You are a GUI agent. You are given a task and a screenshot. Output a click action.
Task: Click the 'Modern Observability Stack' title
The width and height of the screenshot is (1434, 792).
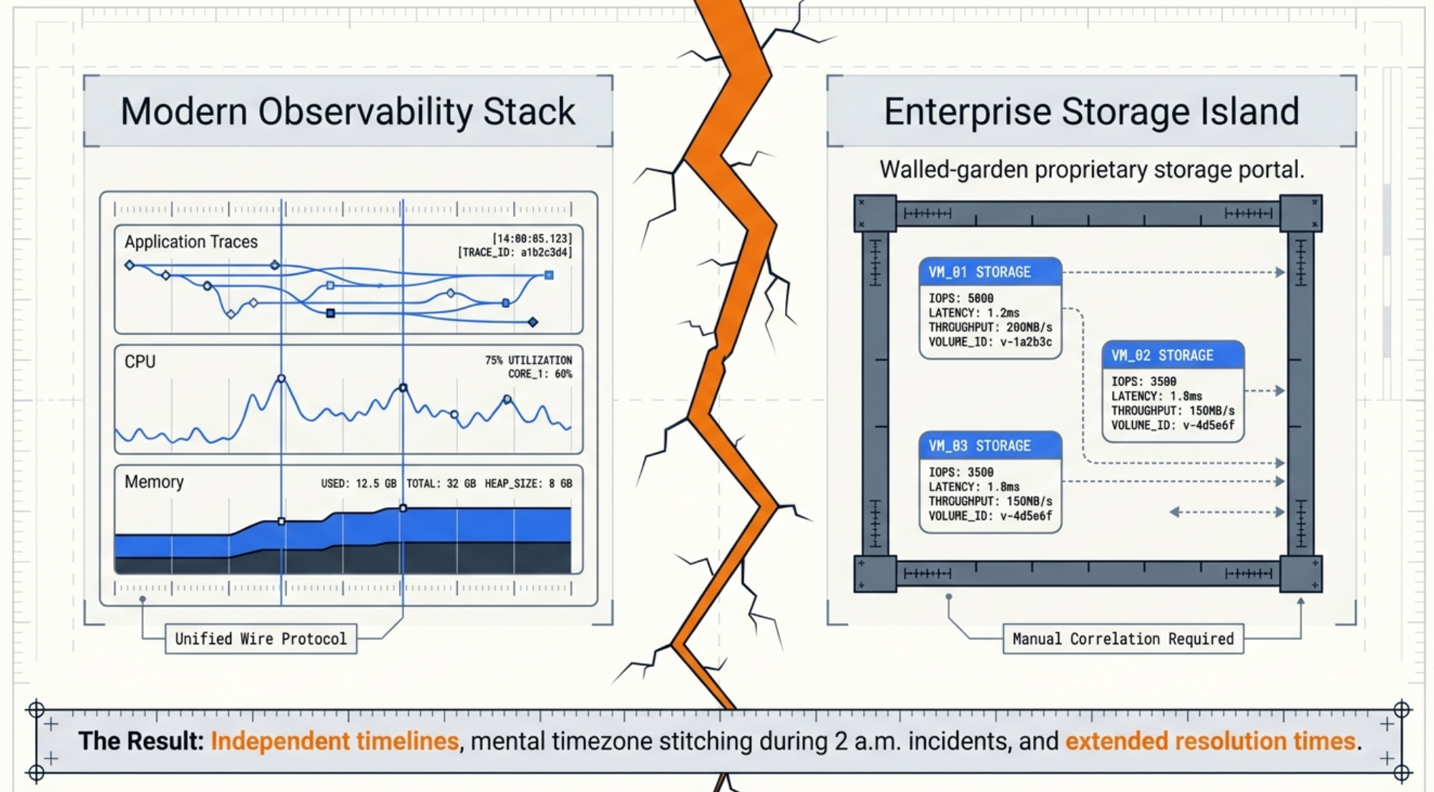(x=348, y=112)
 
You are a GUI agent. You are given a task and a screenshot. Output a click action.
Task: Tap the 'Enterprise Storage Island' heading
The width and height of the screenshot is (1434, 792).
(x=1091, y=112)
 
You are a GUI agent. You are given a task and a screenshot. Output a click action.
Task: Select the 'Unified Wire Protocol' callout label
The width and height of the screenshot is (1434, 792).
(x=260, y=639)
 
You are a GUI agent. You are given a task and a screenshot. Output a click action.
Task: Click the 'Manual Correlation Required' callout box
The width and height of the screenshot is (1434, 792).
(x=1123, y=639)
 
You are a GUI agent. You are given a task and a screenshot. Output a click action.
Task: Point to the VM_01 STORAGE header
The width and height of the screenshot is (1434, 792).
(x=990, y=272)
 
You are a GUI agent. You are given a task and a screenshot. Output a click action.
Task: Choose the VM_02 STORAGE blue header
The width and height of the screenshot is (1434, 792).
(x=1172, y=355)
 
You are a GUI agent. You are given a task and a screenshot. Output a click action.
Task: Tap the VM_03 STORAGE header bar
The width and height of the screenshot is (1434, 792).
(x=990, y=445)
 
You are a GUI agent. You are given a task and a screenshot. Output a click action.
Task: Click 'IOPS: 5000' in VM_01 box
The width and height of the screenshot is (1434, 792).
(x=961, y=298)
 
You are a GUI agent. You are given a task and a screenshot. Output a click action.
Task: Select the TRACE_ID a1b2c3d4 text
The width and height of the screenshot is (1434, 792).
(x=514, y=252)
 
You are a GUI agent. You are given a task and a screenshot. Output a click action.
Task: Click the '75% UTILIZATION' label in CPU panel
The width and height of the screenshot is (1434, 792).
(x=528, y=360)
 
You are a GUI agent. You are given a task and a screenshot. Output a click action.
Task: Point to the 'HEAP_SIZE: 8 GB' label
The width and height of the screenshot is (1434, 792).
(x=528, y=483)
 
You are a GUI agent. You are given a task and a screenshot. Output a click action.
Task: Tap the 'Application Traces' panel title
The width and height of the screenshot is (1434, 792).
(x=191, y=242)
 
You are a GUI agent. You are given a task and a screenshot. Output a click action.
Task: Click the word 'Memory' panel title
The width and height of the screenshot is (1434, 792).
(x=154, y=482)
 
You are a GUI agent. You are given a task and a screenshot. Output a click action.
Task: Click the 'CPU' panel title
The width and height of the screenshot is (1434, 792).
(x=140, y=362)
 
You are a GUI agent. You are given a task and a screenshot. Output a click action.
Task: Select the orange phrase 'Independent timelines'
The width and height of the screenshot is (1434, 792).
(x=334, y=741)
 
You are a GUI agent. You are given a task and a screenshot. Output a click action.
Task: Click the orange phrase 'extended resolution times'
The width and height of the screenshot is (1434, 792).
(x=1210, y=741)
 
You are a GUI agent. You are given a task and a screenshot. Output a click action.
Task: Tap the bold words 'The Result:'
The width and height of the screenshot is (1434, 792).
(x=141, y=741)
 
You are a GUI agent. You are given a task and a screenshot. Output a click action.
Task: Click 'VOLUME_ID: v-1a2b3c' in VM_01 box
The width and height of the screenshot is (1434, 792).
(x=990, y=342)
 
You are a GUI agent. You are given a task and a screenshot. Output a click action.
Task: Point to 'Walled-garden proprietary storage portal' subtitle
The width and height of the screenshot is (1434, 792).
(x=1091, y=170)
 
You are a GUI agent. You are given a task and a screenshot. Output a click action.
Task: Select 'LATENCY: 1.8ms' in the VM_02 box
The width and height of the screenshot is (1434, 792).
(x=1156, y=396)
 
